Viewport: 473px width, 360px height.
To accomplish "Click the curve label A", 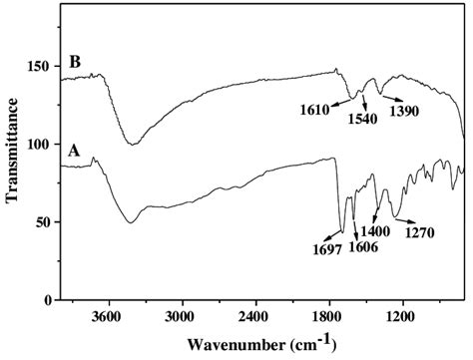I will (73, 151).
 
